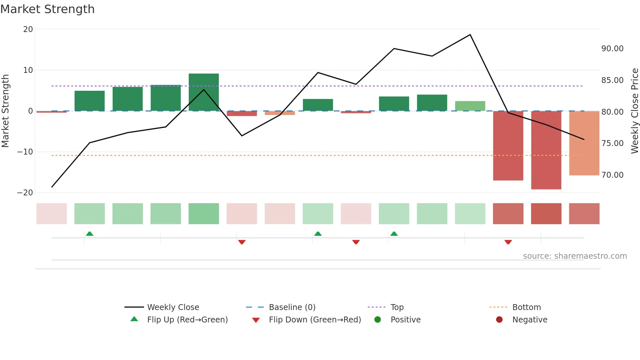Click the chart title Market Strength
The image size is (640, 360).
click(47, 9)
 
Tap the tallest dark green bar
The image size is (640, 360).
click(204, 92)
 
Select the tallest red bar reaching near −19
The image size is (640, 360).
click(546, 150)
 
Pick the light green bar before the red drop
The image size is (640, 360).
click(470, 106)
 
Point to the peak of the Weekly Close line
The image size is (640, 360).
click(470, 35)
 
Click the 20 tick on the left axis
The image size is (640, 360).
click(28, 29)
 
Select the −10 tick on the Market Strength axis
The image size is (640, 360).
click(25, 152)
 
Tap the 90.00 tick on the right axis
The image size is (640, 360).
click(612, 49)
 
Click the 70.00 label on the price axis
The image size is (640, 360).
click(612, 175)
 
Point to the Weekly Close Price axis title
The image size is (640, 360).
click(634, 111)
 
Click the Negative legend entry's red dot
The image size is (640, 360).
click(499, 320)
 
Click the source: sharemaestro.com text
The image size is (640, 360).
click(575, 256)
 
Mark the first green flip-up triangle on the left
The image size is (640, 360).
click(89, 234)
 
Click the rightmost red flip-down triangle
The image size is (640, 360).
click(508, 242)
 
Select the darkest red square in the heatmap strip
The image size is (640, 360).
click(546, 214)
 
